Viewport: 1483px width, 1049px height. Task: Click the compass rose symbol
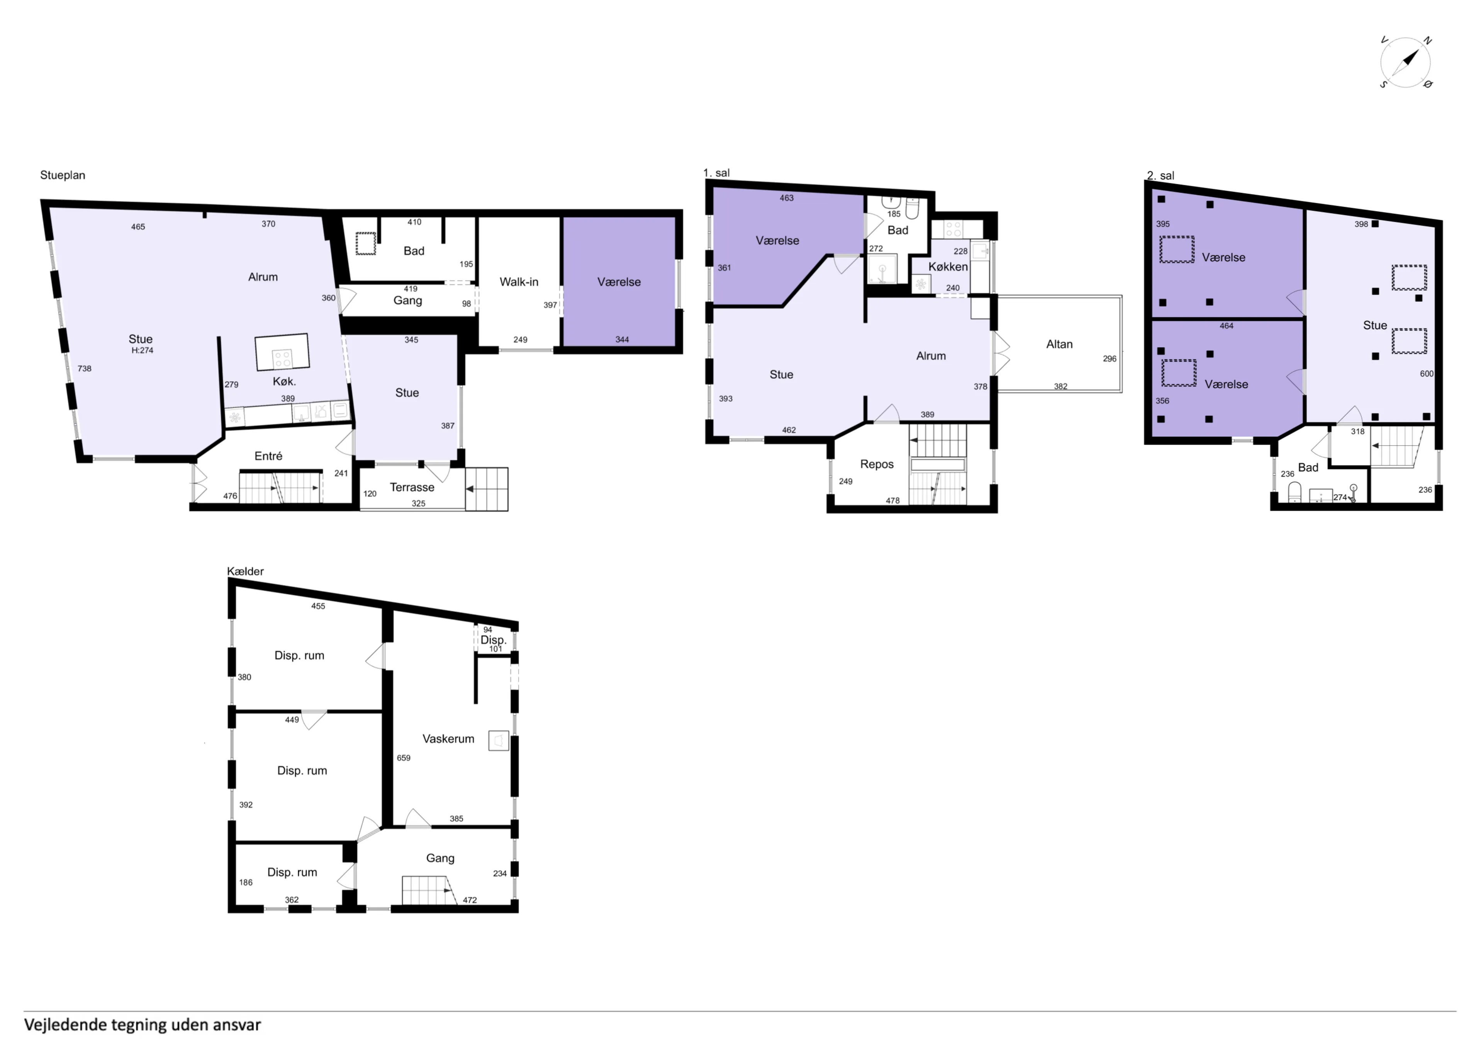click(x=1405, y=63)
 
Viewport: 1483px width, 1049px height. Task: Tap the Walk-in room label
click(x=519, y=282)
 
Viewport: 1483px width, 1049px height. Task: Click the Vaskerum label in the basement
click(x=448, y=739)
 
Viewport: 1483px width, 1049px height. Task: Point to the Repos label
click(x=877, y=464)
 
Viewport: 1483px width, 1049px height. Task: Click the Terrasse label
click(x=412, y=487)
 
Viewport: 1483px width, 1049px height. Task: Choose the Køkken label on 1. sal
click(x=948, y=266)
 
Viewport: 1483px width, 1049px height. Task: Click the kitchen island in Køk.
click(x=282, y=352)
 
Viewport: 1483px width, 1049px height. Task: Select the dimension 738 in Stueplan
click(x=85, y=369)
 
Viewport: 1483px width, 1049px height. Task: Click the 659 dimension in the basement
click(x=404, y=758)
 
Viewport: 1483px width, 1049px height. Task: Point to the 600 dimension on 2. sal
click(x=1427, y=374)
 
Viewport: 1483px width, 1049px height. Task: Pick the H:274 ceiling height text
click(x=142, y=350)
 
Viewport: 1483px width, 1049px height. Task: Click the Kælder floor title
click(x=246, y=571)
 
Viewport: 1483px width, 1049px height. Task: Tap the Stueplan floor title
click(x=63, y=175)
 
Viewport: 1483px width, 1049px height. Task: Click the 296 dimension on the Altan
click(x=1110, y=359)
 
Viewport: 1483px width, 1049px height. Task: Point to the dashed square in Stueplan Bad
click(x=366, y=244)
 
